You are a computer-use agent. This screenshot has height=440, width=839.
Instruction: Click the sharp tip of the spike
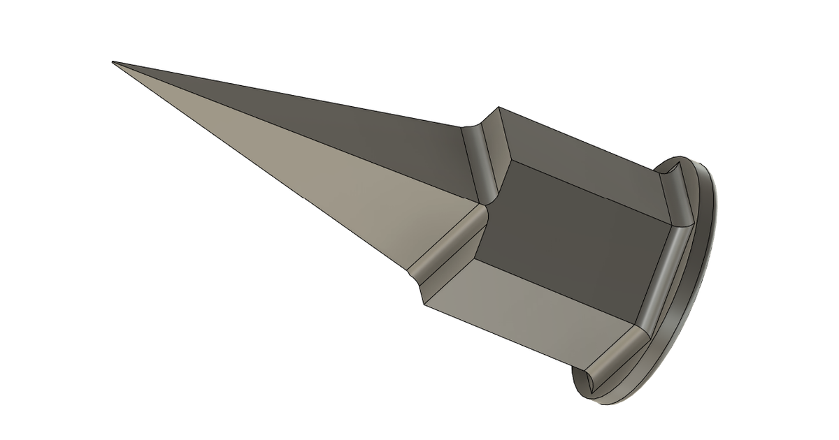click(114, 63)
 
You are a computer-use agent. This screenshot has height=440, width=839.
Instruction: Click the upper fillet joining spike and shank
click(482, 157)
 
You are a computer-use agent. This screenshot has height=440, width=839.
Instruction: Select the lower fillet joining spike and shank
click(447, 244)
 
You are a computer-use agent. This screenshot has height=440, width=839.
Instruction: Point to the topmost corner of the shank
click(499, 108)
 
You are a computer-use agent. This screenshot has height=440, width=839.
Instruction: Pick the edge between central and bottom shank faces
click(559, 276)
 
